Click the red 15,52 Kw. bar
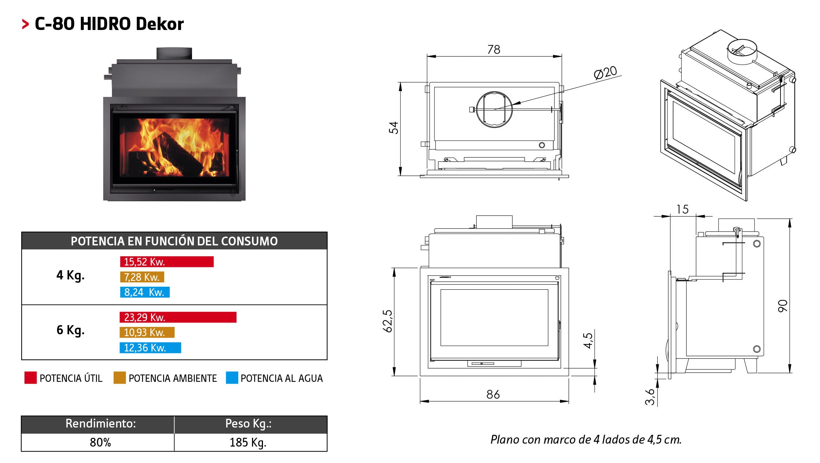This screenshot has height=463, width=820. (167, 262)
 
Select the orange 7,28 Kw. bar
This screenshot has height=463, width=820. (142, 277)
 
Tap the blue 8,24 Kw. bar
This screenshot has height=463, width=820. (145, 292)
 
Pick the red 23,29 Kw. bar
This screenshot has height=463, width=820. (178, 317)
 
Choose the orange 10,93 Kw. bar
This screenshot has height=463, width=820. (147, 332)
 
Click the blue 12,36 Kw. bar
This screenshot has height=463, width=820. (150, 348)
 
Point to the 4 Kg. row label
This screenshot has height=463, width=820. (70, 275)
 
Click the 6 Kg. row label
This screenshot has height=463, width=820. (70, 330)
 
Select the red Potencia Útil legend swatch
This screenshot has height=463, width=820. (31, 378)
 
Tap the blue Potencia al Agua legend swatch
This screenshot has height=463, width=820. (232, 378)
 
